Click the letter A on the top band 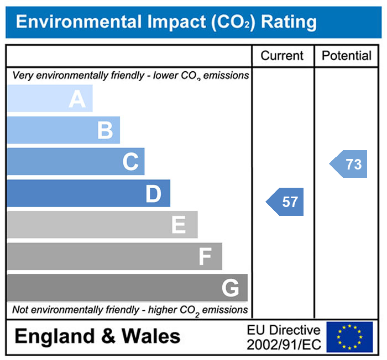[x=77, y=99]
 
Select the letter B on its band [x=105, y=131]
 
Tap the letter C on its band [x=130, y=162]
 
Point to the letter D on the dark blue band [x=153, y=194]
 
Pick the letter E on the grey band [x=178, y=225]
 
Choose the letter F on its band [x=205, y=257]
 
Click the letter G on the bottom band [x=230, y=288]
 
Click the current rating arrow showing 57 [x=286, y=202]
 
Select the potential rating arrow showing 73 [x=349, y=164]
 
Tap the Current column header [x=282, y=56]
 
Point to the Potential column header [x=347, y=56]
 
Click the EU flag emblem [x=349, y=336]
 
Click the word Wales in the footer [x=151, y=336]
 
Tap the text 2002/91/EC [x=284, y=345]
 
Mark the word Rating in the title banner [x=289, y=22]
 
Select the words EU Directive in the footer [x=284, y=330]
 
